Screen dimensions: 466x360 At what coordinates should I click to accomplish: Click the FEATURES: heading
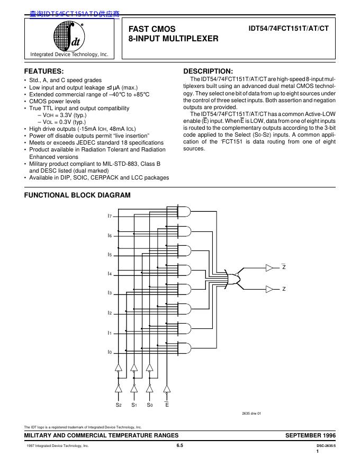tap(44, 71)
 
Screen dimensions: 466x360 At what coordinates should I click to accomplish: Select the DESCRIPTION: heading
tap(208, 71)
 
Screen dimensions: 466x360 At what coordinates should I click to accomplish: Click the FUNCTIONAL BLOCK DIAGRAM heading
tap(77, 195)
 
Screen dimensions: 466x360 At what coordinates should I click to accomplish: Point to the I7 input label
tap(110, 216)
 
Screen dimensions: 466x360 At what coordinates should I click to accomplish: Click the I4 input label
tap(110, 274)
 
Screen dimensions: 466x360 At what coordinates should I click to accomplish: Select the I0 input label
tap(110, 352)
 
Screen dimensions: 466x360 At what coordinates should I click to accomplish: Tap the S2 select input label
tap(119, 405)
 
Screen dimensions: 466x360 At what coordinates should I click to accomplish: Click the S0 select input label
tap(150, 405)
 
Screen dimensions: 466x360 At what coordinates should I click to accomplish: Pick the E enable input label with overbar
tap(167, 405)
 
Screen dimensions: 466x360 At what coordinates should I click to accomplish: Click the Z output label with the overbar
tap(284, 267)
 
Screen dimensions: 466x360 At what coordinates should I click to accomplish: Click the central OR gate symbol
tap(233, 278)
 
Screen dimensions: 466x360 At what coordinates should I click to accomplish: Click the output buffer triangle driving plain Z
tap(270, 289)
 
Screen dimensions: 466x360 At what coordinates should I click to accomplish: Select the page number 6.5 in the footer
tap(179, 446)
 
